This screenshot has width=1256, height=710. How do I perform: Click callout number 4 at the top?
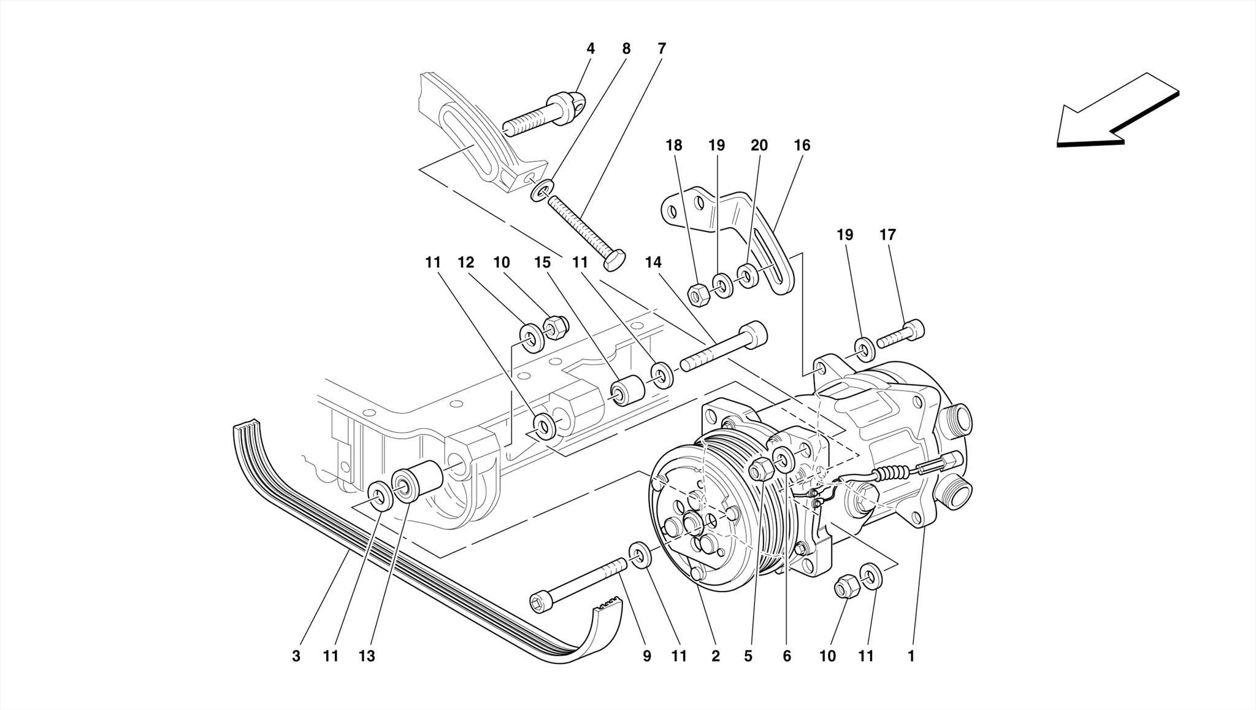591,48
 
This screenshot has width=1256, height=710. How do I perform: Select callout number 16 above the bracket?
802,145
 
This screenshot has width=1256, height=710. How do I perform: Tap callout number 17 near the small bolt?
887,234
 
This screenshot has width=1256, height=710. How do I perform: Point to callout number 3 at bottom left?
296,656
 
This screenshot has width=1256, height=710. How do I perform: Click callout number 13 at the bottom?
367,656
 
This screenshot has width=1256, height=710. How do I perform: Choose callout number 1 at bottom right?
911,656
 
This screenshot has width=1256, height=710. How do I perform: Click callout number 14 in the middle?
653,263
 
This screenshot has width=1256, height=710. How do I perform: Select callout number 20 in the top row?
759,145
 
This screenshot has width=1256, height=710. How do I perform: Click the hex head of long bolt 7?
615,260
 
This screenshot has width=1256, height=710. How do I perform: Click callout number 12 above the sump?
465,263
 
